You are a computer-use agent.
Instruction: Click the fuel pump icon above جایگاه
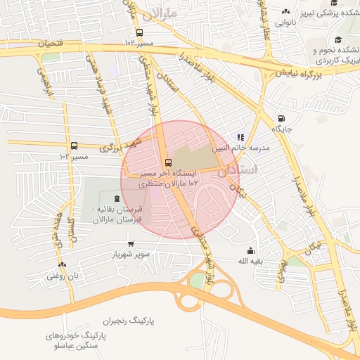click(x=281, y=119)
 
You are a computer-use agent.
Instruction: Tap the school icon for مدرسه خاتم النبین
click(x=240, y=137)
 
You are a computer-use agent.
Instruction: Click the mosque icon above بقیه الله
click(x=250, y=251)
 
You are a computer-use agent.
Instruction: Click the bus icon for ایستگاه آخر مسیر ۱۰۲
click(x=167, y=163)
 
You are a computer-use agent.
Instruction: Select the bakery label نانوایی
click(x=285, y=22)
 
